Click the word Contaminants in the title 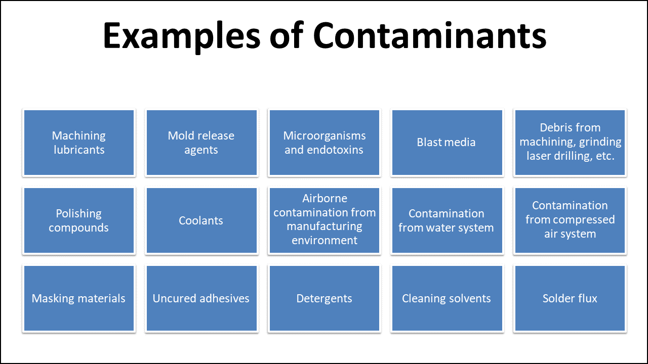(x=429, y=35)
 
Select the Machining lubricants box (x=79, y=143)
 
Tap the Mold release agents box (x=201, y=143)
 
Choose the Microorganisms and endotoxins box (x=325, y=143)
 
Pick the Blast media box (x=447, y=143)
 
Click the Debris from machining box (x=570, y=143)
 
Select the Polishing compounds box (x=79, y=220)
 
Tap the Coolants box (x=201, y=220)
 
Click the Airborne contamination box (x=325, y=220)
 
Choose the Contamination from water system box (x=447, y=220)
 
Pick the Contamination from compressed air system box (x=570, y=220)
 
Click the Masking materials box (x=79, y=298)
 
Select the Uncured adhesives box (x=201, y=298)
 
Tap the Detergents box (x=325, y=298)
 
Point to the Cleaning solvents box (x=447, y=298)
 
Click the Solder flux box (x=570, y=298)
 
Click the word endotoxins (x=338, y=150)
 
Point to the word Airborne (x=325, y=199)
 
